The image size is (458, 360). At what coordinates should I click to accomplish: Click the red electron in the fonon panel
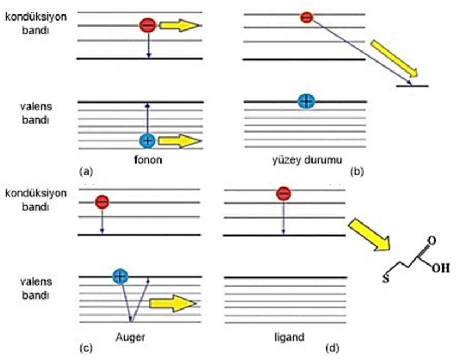click(x=147, y=25)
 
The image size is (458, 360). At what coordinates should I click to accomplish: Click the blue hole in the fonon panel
click(x=147, y=141)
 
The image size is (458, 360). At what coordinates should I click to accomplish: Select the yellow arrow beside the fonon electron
click(x=179, y=25)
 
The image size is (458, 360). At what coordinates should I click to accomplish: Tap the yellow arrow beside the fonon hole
click(x=179, y=141)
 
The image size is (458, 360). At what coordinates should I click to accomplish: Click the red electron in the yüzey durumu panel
click(x=306, y=18)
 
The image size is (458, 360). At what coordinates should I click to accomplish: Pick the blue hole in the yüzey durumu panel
click(x=306, y=101)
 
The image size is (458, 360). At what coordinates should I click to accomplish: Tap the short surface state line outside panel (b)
click(x=412, y=86)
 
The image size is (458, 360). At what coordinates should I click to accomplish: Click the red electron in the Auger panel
click(x=102, y=201)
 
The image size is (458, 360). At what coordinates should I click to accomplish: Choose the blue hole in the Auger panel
click(x=120, y=275)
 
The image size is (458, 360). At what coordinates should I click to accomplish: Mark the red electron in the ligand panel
click(x=284, y=194)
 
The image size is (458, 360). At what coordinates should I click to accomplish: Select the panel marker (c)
click(x=85, y=348)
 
